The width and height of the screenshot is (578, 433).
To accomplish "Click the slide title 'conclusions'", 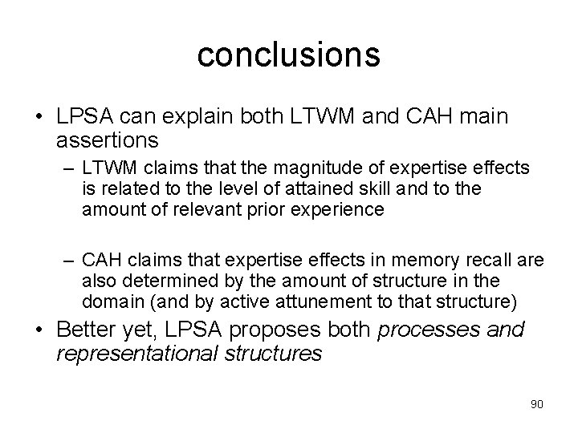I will [x=288, y=55].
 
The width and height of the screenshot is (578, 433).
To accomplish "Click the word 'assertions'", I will [x=108, y=141].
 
